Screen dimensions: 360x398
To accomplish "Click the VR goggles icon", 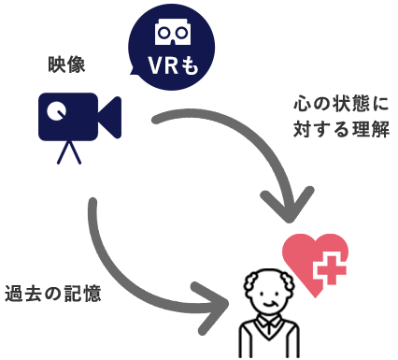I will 173,34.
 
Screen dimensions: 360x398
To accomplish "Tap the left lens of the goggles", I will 164,33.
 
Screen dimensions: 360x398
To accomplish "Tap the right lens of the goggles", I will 181,33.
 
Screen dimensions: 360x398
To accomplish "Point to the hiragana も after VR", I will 190,67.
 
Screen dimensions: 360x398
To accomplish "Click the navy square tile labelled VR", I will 173,47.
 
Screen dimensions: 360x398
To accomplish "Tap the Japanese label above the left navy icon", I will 67,65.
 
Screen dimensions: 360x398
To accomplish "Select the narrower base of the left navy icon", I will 82,153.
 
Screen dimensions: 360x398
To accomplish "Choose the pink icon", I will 315,256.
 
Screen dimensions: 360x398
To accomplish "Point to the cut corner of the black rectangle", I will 295,273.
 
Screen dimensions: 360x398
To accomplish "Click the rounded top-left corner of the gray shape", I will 93,204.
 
